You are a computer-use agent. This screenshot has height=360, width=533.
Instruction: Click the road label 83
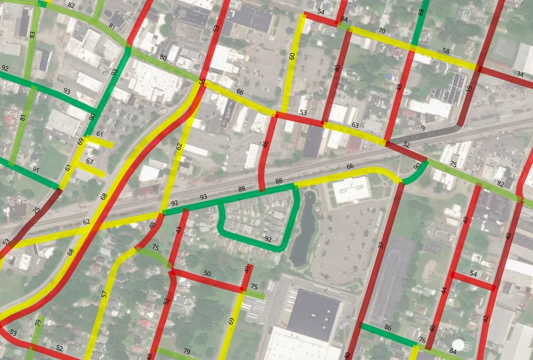coord(33,35)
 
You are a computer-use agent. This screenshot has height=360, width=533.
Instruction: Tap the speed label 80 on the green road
coord(163,57)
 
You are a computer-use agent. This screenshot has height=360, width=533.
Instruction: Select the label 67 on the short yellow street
coord(90,162)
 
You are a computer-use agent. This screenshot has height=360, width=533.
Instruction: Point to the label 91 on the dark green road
coord(36,170)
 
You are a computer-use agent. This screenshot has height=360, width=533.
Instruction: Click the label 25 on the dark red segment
coord(36,210)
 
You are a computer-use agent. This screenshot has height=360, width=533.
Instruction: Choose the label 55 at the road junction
coord(202,82)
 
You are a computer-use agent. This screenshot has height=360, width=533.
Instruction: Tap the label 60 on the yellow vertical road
coord(292,56)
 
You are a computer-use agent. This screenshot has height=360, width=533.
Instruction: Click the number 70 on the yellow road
coord(382,31)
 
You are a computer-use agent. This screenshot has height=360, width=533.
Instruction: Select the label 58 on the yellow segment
coord(446,51)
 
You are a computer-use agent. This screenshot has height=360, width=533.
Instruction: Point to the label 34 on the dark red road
coord(520,74)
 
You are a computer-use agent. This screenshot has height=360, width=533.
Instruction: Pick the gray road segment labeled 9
coord(423,128)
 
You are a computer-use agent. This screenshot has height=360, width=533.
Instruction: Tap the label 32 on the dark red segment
coord(406,144)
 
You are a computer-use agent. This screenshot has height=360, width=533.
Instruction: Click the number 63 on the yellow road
coord(355,126)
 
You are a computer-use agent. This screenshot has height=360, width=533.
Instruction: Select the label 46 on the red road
coord(265,145)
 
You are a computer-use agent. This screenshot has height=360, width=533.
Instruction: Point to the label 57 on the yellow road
coord(104,294)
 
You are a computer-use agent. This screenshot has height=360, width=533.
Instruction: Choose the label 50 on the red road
coord(207,274)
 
